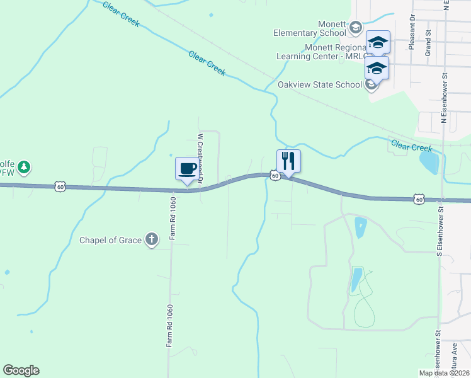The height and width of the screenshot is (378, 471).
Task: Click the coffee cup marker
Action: click(186, 169)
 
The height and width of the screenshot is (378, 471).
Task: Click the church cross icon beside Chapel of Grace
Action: click(151, 239)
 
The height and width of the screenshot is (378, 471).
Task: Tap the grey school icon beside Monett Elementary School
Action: click(356, 27)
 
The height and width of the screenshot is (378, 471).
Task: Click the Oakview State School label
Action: click(320, 84)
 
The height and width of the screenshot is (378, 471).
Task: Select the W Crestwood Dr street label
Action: click(201, 157)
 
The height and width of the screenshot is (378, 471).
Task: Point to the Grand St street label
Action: click(428, 42)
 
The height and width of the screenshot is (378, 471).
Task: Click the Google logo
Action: click(21, 370)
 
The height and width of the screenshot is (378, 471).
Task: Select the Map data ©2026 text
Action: click(443, 373)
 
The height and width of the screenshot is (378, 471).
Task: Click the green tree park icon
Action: click(24, 167)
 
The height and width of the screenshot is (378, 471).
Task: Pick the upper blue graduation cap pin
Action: click(378, 42)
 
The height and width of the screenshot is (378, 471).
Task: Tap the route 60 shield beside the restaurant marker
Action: click(275, 176)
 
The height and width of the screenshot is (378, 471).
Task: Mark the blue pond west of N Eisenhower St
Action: click(428, 163)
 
